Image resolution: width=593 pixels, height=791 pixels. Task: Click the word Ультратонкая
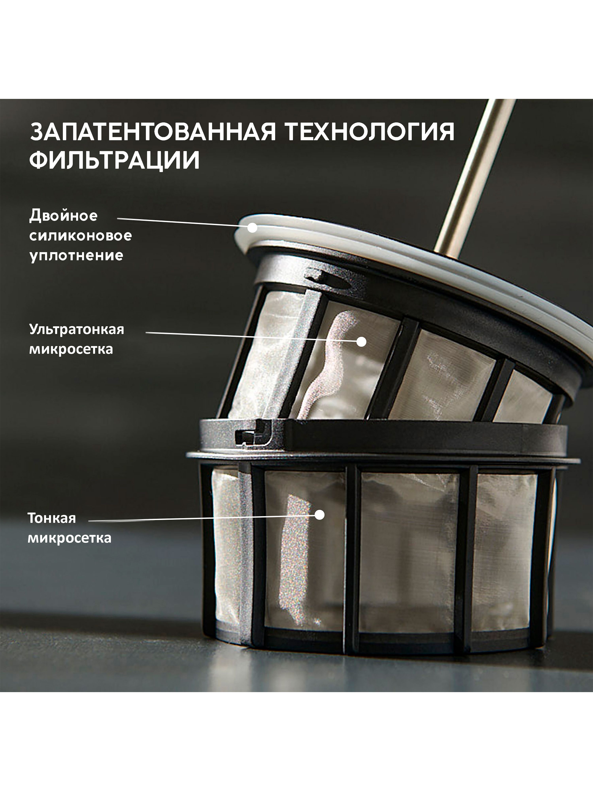point(77,329)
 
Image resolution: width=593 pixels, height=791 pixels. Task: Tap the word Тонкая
point(52,518)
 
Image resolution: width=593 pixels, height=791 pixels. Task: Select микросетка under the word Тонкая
point(70,538)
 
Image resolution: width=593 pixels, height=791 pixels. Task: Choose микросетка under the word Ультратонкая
point(71,349)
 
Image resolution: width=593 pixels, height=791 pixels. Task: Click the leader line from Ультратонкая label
point(251,337)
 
